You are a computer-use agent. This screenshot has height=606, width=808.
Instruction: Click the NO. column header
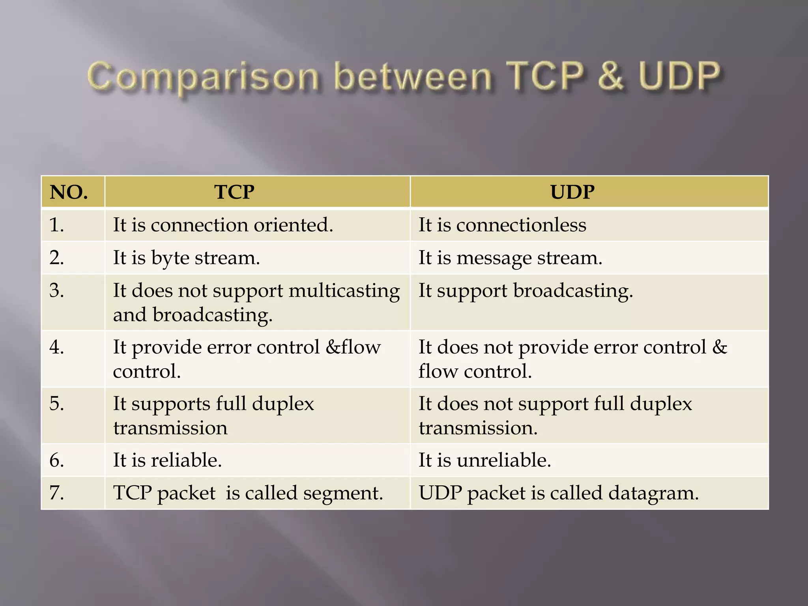pos(69,192)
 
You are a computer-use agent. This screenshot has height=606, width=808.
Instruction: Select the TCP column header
pos(234,192)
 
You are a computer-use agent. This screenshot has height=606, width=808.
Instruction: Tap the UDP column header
pos(572,192)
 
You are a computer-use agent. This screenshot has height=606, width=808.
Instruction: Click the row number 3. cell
pos(57,290)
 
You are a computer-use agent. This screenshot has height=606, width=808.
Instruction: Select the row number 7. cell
pos(57,493)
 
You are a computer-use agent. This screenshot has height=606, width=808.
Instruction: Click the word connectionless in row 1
pos(521,225)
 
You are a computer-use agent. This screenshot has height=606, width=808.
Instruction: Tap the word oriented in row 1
pos(293,225)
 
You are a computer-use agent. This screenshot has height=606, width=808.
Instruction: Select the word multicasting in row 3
pos(344,291)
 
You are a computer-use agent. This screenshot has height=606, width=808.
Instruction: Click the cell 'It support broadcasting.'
pos(526,291)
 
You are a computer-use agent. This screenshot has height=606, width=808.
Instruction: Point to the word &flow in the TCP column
pos(353,347)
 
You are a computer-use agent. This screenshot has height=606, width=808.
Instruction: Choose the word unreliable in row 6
pos(504,460)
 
